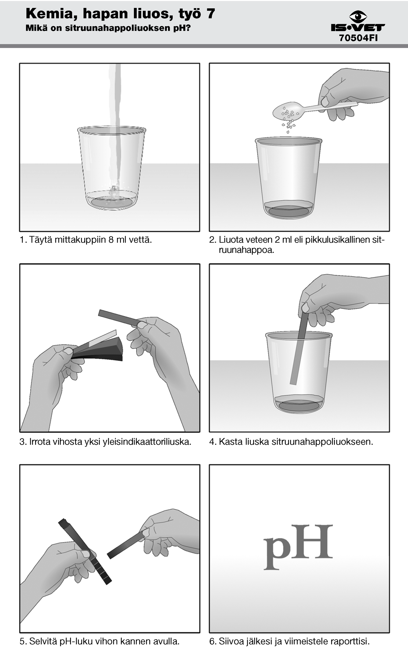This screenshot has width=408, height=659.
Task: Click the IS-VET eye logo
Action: point(358,16)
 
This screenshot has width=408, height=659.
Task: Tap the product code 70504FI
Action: point(358,38)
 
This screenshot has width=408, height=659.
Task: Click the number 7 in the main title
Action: point(211,14)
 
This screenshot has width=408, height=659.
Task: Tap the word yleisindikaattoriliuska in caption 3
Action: point(147,442)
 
